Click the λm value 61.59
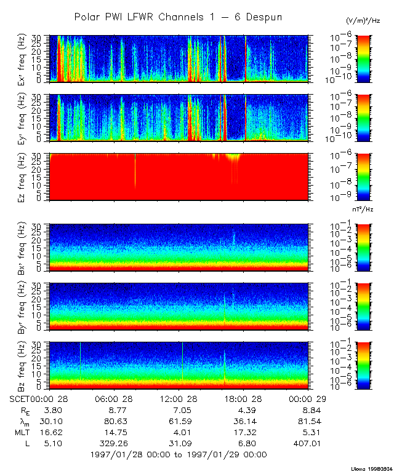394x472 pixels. pyautogui.click(x=180, y=422)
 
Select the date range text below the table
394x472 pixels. pyautogui.click(x=179, y=455)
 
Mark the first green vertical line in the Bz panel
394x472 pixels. pyautogui.click(x=80, y=363)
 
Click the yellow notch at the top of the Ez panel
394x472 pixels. pyautogui.click(x=233, y=158)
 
